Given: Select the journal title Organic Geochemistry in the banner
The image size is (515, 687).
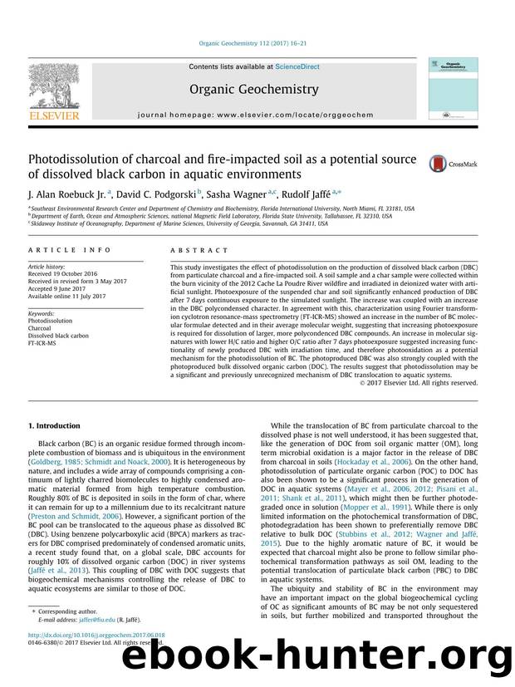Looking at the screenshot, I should pyautogui.click(x=253, y=88).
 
